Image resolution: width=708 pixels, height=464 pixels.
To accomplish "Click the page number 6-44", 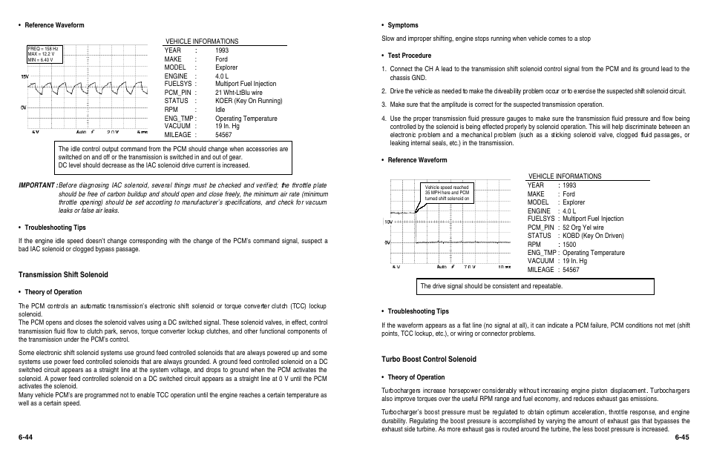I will click(x=26, y=437).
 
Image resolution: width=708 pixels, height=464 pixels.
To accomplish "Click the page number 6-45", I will click(x=682, y=437).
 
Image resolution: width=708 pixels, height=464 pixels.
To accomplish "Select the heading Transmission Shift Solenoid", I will click(x=63, y=275).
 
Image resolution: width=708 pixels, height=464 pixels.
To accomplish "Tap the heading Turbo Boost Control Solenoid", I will click(x=429, y=359).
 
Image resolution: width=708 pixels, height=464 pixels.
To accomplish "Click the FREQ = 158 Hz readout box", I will click(x=42, y=54).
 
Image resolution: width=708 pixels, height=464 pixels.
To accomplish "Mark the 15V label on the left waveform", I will click(x=24, y=76).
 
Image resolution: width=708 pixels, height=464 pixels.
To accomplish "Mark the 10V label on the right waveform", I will click(x=387, y=222).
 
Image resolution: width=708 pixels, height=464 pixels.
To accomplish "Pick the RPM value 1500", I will click(x=569, y=244).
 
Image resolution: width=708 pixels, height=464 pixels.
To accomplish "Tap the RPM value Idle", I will click(x=220, y=109).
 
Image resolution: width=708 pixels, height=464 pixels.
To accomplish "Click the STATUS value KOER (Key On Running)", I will click(x=249, y=101).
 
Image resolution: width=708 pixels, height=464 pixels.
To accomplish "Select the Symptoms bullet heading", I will click(x=403, y=25).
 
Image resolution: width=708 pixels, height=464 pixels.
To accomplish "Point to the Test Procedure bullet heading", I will click(x=409, y=56).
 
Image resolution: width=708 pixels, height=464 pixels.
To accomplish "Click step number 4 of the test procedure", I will click(x=384, y=118).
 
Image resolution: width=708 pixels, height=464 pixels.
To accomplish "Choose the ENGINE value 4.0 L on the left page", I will click(x=223, y=76).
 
